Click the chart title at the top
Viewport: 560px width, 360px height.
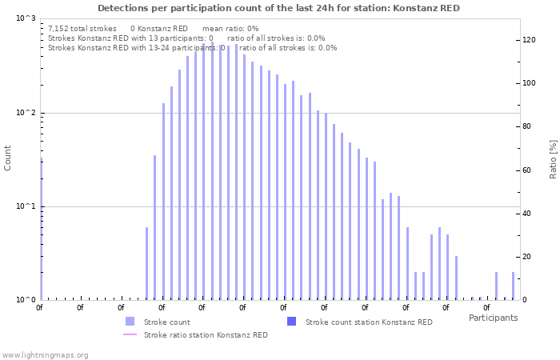tap(278, 8)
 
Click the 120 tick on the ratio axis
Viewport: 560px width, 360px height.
tap(528, 40)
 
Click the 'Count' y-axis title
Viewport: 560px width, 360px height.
tap(8, 158)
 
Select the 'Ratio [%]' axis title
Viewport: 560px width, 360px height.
tap(553, 158)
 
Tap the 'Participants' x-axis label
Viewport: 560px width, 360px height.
tap(493, 318)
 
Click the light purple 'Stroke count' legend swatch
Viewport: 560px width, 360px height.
tap(130, 322)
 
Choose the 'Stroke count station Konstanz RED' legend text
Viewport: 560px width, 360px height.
tap(369, 322)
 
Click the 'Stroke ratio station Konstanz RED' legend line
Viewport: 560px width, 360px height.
tap(130, 335)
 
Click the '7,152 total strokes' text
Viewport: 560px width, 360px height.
tap(82, 28)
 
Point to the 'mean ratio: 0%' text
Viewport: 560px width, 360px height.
tap(230, 28)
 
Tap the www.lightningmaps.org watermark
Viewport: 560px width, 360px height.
tap(45, 354)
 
